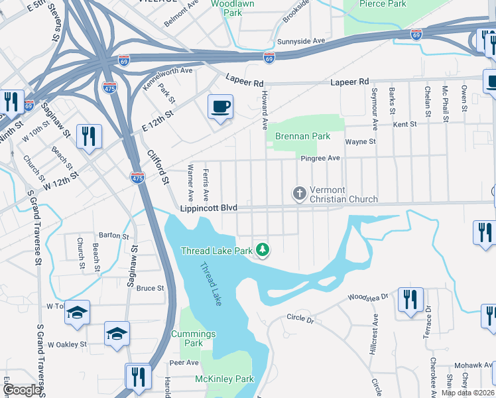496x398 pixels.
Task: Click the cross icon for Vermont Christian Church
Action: (x=300, y=193)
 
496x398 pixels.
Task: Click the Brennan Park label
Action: (x=302, y=136)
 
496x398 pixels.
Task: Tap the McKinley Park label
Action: (x=225, y=379)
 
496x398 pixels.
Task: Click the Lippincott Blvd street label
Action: (x=208, y=208)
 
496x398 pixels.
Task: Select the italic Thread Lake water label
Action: (x=212, y=284)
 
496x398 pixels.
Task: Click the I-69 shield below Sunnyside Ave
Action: (x=269, y=58)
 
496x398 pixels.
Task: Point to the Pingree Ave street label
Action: (x=320, y=158)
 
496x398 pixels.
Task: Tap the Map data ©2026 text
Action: (x=467, y=393)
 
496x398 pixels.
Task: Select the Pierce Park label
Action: (x=383, y=4)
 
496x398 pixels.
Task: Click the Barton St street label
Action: (x=113, y=235)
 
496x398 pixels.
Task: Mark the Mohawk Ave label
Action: (x=471, y=365)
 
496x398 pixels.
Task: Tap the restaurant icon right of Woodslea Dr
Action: (x=410, y=300)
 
